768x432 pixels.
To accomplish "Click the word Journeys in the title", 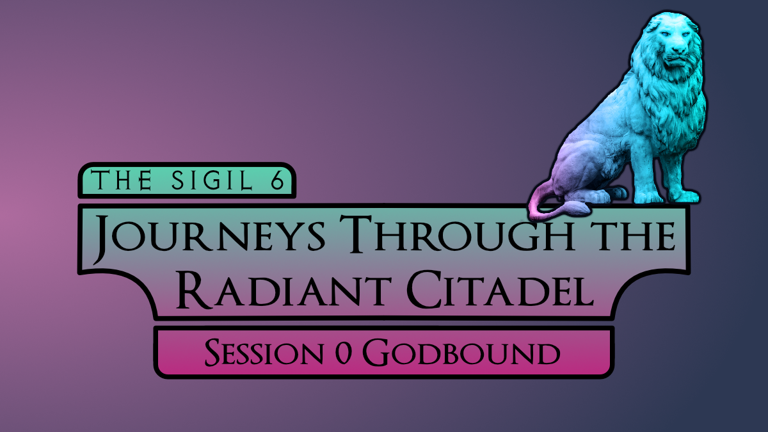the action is coord(209,237).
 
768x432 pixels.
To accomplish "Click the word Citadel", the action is coord(500,289).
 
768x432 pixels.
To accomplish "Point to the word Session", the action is coord(264,352).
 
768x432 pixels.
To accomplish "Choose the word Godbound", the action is coord(461,352).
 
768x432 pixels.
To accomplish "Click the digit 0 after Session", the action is coord(343,353).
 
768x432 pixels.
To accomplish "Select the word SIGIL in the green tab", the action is coord(212,180).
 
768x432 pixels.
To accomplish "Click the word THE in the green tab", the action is coord(122,180).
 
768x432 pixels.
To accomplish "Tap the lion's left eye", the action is coord(665,34).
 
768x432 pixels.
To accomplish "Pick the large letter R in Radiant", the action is coord(194,289).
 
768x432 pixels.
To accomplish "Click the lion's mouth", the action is coord(676,60).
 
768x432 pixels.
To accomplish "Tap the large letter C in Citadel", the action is coord(424,289).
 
